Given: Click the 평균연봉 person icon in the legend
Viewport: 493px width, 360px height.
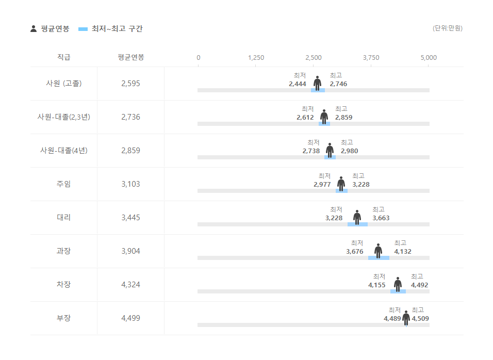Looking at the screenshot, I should [x=34, y=29].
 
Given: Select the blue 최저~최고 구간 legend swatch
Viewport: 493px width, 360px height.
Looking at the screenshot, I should [x=83, y=29].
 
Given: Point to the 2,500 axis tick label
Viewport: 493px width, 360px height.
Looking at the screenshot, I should [x=314, y=58].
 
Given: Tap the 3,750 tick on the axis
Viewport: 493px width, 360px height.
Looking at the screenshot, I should [x=371, y=58].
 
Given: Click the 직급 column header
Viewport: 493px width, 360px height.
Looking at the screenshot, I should [x=63, y=57].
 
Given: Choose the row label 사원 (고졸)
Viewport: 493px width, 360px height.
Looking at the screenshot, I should [x=63, y=84].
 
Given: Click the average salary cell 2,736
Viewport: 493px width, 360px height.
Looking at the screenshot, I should [x=130, y=117].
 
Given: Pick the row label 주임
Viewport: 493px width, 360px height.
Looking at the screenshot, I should [x=63, y=184].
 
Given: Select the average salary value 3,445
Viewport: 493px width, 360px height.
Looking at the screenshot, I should [x=130, y=218].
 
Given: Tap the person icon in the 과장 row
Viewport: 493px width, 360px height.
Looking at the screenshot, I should [x=378, y=251].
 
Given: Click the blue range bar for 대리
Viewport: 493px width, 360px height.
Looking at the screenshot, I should [x=357, y=224].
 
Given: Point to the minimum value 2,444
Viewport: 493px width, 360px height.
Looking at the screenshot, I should [x=298, y=84].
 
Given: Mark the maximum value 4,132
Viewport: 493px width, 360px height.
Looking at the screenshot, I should [x=403, y=252].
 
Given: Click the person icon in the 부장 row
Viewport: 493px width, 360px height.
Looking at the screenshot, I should [x=406, y=318].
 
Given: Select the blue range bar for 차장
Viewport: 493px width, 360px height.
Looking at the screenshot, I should [x=398, y=291].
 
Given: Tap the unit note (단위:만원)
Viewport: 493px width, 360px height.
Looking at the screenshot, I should [x=447, y=28].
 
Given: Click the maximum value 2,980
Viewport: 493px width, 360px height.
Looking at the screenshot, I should [x=349, y=151].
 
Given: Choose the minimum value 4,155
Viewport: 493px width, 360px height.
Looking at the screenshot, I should [x=376, y=285].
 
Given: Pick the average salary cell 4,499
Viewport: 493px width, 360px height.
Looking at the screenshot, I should [x=130, y=318].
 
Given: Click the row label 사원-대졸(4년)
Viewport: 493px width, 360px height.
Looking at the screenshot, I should [x=63, y=151].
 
